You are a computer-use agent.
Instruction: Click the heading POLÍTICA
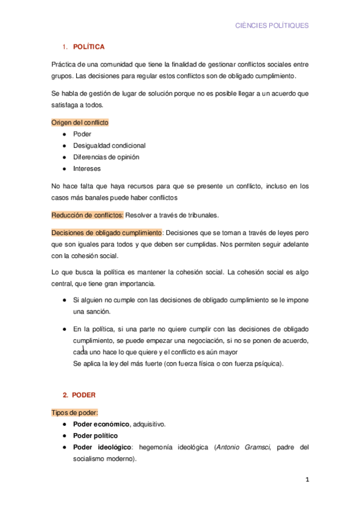pyautogui.click(x=88, y=46)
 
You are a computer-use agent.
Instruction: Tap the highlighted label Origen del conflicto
pyautogui.click(x=80, y=122)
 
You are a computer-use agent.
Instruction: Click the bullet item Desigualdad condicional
pyautogui.click(x=109, y=145)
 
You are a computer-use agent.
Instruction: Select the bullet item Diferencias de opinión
pyautogui.click(x=106, y=157)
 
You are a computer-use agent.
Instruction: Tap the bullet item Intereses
pyautogui.click(x=87, y=168)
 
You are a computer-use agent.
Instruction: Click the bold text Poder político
pyautogui.click(x=95, y=435)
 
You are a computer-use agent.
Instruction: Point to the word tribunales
pyautogui.click(x=203, y=215)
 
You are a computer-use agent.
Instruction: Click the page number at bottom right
pyautogui.click(x=307, y=480)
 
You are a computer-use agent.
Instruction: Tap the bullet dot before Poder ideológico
pyautogui.click(x=64, y=447)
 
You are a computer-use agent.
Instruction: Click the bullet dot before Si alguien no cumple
pyautogui.click(x=64, y=300)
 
